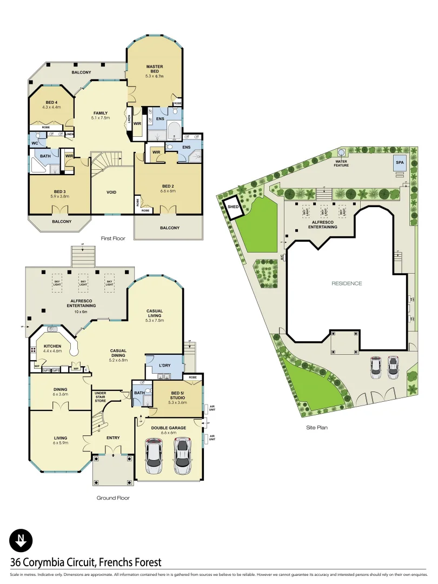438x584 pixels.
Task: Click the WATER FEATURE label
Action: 341,162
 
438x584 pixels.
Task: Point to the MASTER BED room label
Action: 155,69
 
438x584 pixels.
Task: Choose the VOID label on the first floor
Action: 111,192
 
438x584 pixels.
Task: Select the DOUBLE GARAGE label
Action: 169,428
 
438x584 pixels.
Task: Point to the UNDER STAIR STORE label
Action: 100,396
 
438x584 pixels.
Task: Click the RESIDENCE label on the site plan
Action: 347,283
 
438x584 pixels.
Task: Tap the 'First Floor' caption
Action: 114,238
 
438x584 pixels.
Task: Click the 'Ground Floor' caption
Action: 113,497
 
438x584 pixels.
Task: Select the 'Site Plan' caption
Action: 316,427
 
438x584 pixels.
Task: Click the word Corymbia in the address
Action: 50,563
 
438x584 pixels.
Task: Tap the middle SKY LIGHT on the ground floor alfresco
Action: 83,282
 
